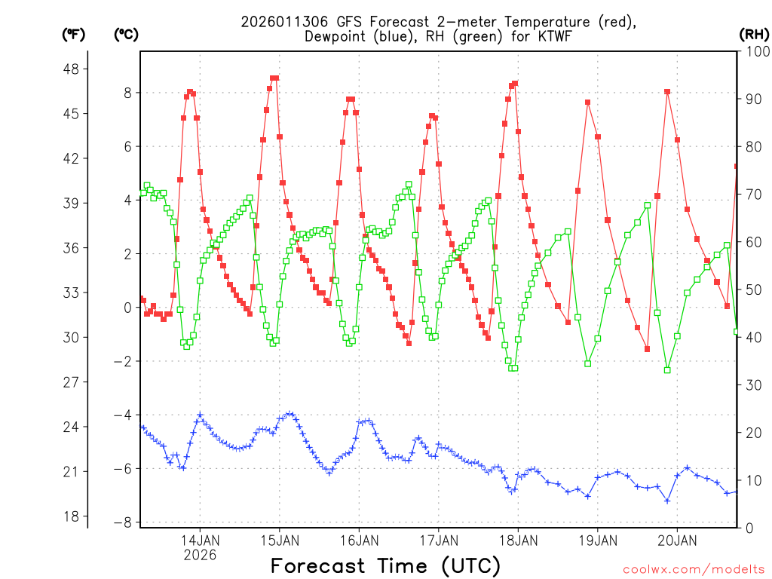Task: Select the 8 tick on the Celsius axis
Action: pos(127,93)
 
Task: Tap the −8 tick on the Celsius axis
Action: pos(123,522)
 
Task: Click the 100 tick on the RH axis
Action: pos(756,51)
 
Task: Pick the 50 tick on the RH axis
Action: pos(752,289)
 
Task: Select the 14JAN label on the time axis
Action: pos(200,541)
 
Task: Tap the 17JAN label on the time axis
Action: pos(438,541)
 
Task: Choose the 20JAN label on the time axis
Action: pos(677,541)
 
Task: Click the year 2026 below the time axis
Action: pos(200,555)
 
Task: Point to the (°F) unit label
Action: pos(74,34)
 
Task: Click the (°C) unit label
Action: pos(126,34)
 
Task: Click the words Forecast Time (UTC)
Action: pos(385,565)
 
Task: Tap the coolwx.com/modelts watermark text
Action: pos(694,568)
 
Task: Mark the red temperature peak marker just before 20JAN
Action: pos(667,92)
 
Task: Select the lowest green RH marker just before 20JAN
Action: pos(667,369)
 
